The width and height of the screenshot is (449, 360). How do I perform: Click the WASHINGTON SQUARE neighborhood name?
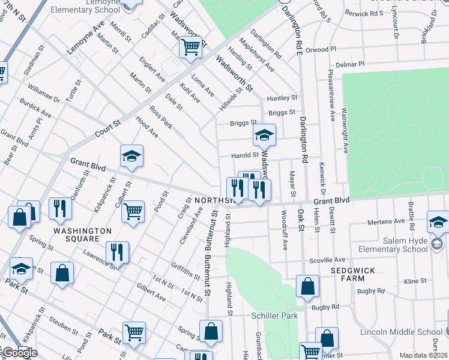click(82, 235)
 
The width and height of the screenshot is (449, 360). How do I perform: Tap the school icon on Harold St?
click(264, 136)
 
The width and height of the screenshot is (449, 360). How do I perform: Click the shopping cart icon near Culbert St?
click(133, 211)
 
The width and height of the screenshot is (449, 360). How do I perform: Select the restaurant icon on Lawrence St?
click(116, 252)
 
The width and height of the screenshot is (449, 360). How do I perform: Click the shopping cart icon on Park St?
click(133, 332)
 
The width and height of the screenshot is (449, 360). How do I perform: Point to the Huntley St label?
click(282, 98)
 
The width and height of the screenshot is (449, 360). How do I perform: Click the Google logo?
click(20, 353)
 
